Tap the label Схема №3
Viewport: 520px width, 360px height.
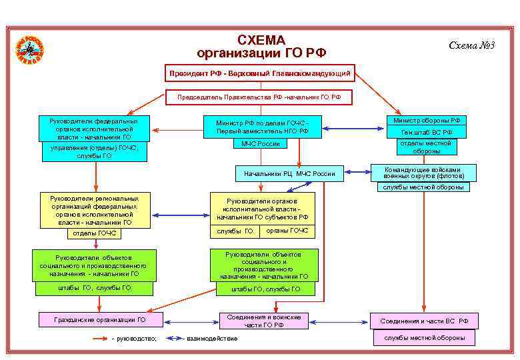point(471,45)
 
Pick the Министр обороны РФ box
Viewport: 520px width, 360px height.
point(427,121)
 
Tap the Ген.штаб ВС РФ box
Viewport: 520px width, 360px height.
point(427,133)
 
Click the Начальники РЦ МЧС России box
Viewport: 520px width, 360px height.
point(289,174)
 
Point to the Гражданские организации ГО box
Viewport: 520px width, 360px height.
point(100,320)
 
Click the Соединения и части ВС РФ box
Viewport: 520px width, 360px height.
point(424,321)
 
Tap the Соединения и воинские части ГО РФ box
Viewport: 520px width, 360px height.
point(264,321)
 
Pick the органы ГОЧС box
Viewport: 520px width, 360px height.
point(287,231)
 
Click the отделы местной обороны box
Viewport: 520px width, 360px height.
point(427,147)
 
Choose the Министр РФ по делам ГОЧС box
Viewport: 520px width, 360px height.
point(262,127)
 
